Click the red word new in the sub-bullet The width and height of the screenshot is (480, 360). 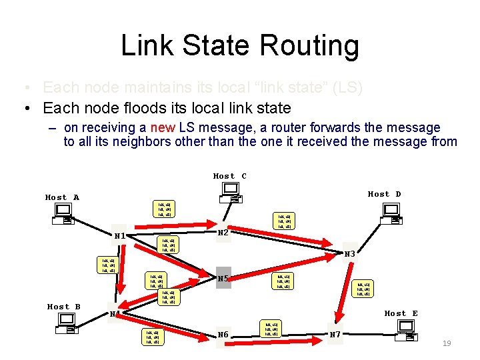(164, 127)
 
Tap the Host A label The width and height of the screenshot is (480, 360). (62, 197)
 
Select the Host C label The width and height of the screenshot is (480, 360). (230, 176)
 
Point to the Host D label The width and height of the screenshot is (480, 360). (385, 194)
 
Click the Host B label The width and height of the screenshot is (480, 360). (63, 307)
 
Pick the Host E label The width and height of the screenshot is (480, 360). (401, 313)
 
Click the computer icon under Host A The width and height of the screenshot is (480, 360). (65, 214)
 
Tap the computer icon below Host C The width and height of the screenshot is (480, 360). (231, 193)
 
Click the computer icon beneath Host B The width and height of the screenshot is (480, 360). (67, 323)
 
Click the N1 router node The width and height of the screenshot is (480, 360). (119, 236)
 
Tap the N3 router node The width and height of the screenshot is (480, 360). (350, 253)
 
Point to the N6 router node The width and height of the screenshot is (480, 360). (223, 335)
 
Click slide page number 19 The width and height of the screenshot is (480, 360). (447, 343)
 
